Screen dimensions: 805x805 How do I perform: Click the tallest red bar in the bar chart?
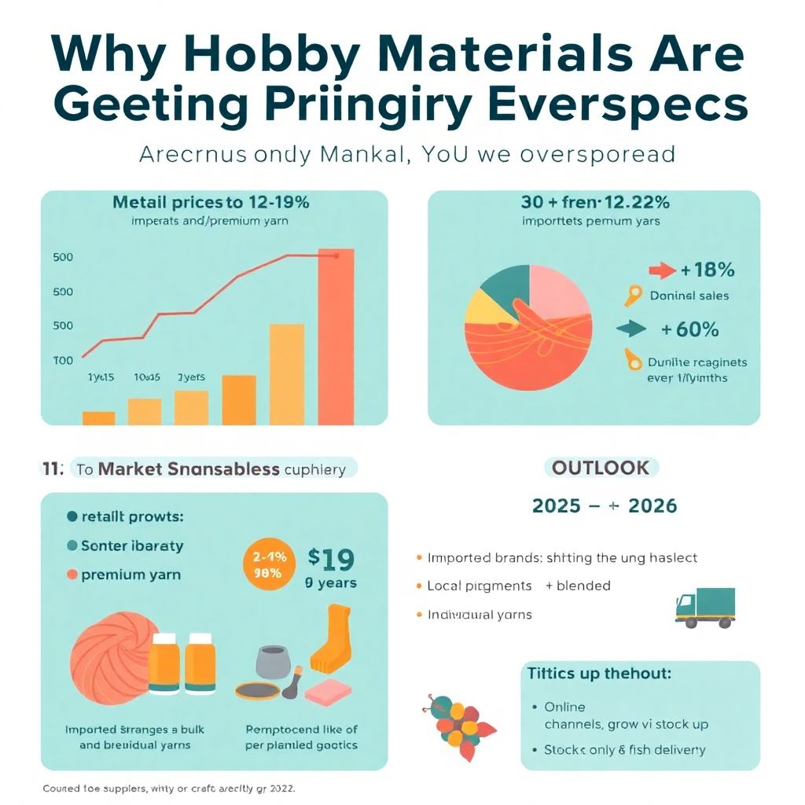click(336, 338)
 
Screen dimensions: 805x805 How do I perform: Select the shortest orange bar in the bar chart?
click(98, 418)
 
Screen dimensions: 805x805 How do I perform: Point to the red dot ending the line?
click(336, 255)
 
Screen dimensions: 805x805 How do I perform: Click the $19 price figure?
click(330, 559)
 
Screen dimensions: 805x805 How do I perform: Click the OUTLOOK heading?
click(601, 469)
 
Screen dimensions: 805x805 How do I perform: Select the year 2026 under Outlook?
click(647, 505)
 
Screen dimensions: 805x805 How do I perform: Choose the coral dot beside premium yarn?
click(72, 575)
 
